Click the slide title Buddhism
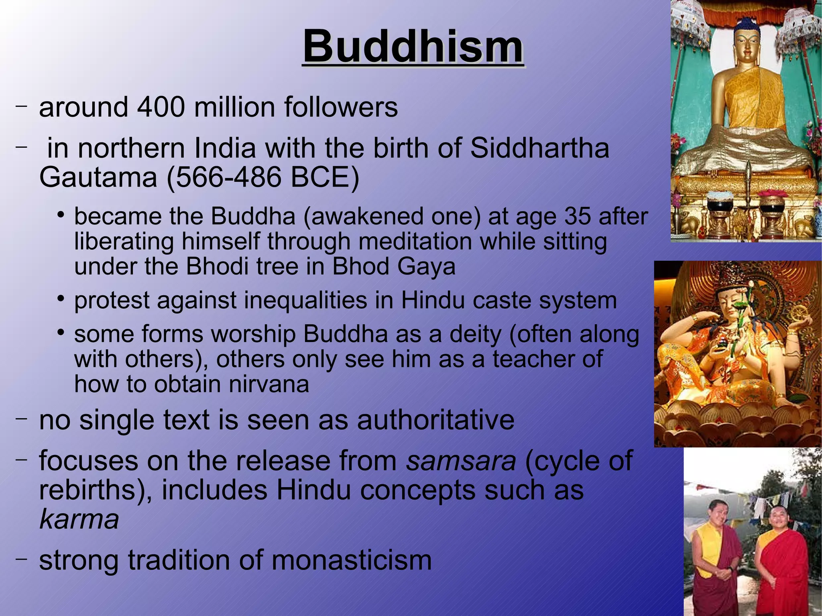pyautogui.click(x=413, y=47)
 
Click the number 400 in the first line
pyautogui.click(x=161, y=108)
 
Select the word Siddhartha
pyautogui.click(x=539, y=148)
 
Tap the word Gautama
pyautogui.click(x=98, y=177)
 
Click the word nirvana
pyautogui.click(x=269, y=384)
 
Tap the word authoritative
pyautogui.click(x=435, y=420)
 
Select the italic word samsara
pyautogui.click(x=461, y=461)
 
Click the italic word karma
pyautogui.click(x=79, y=519)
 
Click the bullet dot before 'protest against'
pyautogui.click(x=61, y=299)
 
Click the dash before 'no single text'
pyautogui.click(x=21, y=419)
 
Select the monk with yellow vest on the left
pyautogui.click(x=715, y=558)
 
